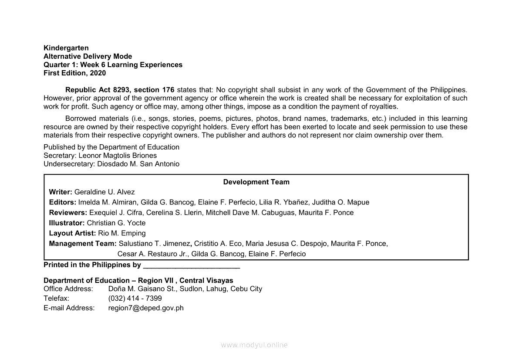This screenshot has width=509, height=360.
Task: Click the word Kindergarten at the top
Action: point(66,48)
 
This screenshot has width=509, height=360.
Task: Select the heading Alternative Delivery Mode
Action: point(88,56)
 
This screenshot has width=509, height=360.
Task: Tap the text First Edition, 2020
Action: point(74,73)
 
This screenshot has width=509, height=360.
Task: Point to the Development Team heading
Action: point(256,182)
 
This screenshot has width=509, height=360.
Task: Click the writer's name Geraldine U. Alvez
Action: point(104,192)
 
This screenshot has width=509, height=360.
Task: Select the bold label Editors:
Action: point(63,202)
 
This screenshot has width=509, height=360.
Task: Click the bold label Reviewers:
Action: point(68,213)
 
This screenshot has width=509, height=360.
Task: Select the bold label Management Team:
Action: point(83,244)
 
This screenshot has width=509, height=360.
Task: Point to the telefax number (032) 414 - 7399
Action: point(135,299)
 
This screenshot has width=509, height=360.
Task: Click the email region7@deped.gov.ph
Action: point(146,308)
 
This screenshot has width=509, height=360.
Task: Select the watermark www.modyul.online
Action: point(254,345)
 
